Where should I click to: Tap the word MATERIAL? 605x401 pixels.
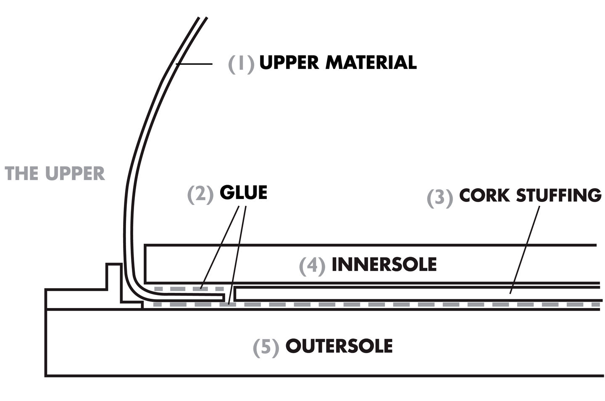[371, 62]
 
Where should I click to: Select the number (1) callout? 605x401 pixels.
[241, 64]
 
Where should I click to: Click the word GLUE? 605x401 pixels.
[243, 192]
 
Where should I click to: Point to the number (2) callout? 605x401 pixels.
[200, 194]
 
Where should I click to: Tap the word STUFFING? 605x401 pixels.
[558, 195]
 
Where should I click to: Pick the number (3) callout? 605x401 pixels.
[440, 198]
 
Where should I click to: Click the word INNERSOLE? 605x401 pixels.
[384, 264]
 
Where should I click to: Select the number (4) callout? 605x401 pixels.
[312, 266]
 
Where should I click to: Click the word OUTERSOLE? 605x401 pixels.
[339, 346]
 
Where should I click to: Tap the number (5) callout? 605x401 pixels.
[266, 348]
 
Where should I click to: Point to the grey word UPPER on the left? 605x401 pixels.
[74, 173]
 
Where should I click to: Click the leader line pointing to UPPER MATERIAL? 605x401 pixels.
[195, 64]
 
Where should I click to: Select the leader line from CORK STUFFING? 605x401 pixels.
[525, 248]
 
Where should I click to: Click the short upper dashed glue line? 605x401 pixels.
[189, 289]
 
